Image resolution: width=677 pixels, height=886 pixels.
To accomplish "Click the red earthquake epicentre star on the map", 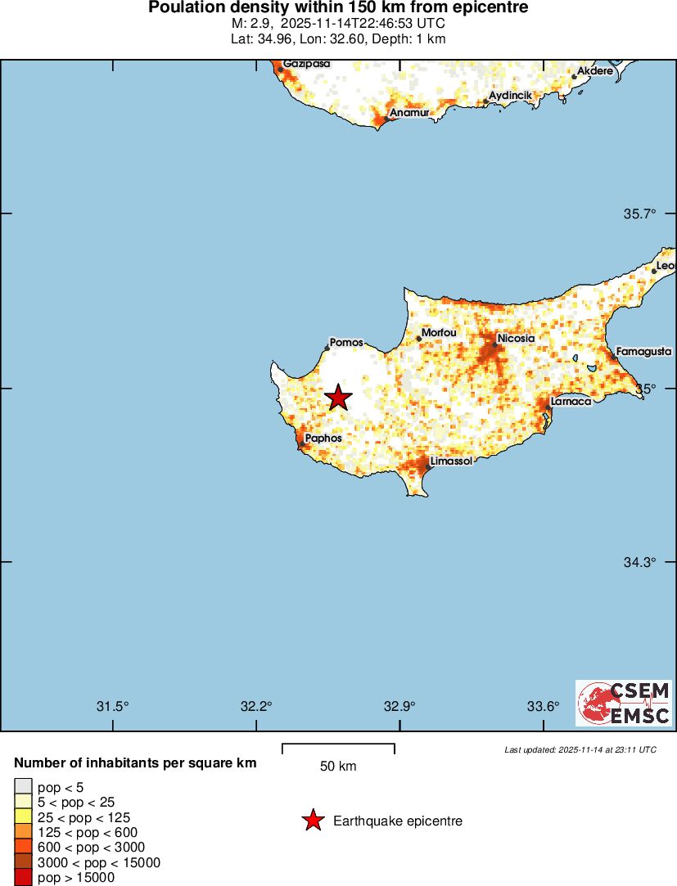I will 339,398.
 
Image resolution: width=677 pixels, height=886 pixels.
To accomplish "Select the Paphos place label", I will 323,439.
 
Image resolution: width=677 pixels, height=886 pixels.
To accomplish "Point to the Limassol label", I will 451,461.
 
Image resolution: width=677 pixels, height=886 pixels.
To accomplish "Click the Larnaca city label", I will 571,402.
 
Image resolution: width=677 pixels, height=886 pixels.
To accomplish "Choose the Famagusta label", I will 643,352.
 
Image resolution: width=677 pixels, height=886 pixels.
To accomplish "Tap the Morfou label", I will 439,333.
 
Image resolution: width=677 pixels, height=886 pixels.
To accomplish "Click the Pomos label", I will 345,343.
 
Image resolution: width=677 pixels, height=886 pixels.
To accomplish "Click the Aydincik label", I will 510,96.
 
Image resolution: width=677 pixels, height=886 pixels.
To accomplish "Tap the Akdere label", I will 595,71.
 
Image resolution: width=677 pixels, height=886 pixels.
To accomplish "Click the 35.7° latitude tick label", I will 640,214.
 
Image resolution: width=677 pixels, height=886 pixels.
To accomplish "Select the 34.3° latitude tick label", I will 640,562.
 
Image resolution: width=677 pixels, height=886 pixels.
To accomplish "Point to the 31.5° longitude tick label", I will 113,707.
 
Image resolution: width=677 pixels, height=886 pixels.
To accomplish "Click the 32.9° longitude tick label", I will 399,707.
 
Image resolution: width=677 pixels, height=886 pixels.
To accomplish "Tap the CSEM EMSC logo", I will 624,703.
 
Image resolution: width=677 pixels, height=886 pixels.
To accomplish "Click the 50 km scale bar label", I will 338,767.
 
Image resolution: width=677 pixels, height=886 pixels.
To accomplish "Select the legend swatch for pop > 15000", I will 23,878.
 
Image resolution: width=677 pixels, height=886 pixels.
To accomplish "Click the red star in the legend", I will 313,821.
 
